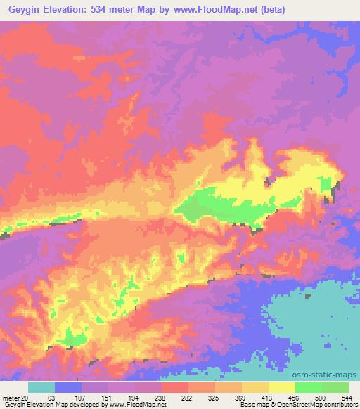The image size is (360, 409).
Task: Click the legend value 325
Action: pos(212,398)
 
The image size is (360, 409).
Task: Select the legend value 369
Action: pos(239,398)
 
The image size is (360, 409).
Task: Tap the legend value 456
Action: pos(292,398)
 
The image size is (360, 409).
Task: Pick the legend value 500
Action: pos(319,398)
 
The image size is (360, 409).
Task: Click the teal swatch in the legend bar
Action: pos(41,387)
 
